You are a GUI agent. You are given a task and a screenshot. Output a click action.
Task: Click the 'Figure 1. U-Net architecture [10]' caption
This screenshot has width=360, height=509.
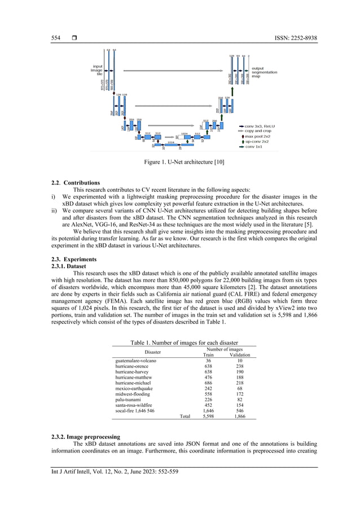(x=184, y=163)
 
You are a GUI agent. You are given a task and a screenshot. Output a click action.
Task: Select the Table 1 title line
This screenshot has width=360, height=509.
(x=184, y=343)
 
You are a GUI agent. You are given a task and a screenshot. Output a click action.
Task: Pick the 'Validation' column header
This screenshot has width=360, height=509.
(x=240, y=355)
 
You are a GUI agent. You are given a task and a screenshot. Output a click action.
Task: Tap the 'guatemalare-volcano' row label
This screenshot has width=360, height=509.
(x=135, y=361)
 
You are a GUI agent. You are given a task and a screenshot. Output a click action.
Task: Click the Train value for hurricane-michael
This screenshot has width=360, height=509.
(x=208, y=383)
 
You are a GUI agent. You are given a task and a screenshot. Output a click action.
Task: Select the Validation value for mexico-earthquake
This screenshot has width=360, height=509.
(x=240, y=388)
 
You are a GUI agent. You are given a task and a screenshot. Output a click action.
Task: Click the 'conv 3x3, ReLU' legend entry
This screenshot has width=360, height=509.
(x=260, y=126)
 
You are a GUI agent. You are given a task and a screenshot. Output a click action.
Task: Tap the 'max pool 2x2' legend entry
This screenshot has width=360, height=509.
(x=257, y=137)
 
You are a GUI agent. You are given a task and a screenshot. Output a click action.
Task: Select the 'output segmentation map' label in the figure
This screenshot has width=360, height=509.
(x=264, y=72)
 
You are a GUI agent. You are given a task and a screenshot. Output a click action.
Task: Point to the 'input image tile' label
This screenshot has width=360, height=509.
(x=96, y=70)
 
